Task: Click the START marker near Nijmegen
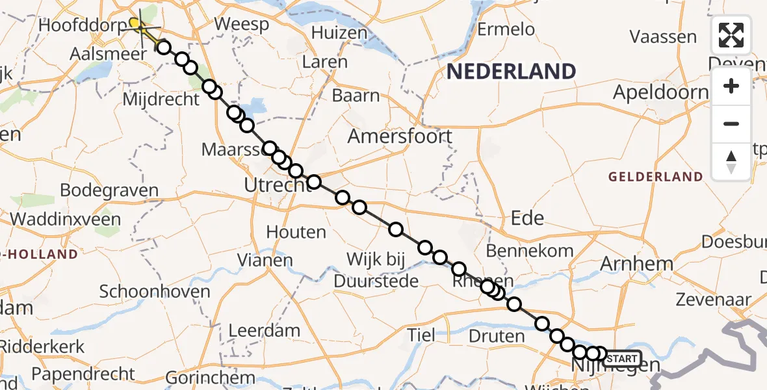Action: [x=622, y=359]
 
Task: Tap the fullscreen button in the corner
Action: [x=731, y=35]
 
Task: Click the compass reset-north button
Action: [x=731, y=162]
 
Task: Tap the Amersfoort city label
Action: [x=400, y=136]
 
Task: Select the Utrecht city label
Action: [x=278, y=185]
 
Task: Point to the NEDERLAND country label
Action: [x=512, y=71]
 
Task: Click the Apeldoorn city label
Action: [x=660, y=92]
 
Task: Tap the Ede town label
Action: [x=527, y=218]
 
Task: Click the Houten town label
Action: [x=296, y=232]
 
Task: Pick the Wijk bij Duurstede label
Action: [x=376, y=270]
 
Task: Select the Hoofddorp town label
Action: [x=83, y=26]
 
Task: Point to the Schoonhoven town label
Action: [x=155, y=292]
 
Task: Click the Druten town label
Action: [x=496, y=336]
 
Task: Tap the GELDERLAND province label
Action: [x=655, y=177]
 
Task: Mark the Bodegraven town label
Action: [x=109, y=190]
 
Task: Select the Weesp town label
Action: [x=241, y=25]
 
